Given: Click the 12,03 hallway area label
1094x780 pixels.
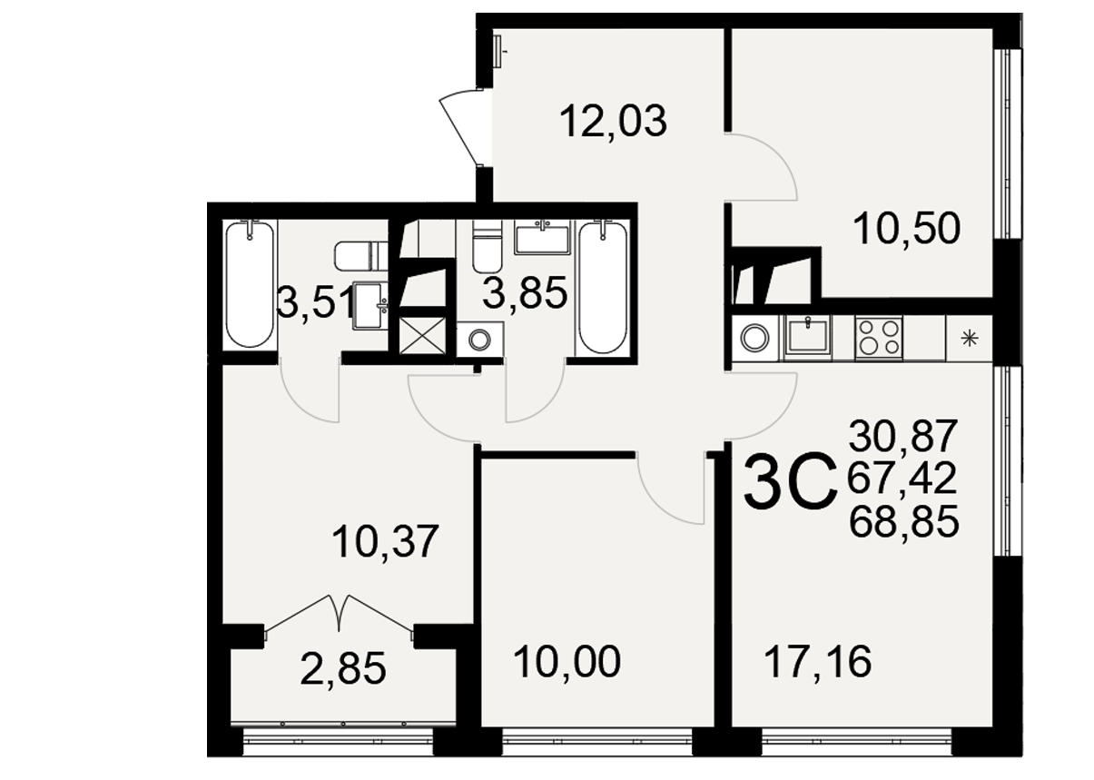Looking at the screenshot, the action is pyautogui.click(x=613, y=122).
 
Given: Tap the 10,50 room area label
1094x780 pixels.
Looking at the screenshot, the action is pyautogui.click(x=906, y=229).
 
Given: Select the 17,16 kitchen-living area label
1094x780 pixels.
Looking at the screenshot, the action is pyautogui.click(x=818, y=662).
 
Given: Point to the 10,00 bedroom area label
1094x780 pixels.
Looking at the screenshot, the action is pyautogui.click(x=567, y=662).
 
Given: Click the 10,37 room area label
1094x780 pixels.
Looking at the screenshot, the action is pyautogui.click(x=385, y=542).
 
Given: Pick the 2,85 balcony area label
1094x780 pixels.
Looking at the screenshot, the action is pyautogui.click(x=343, y=669).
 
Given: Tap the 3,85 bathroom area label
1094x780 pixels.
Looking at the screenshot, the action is pyautogui.click(x=525, y=293).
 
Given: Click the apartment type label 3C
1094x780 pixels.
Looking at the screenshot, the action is pyautogui.click(x=789, y=482).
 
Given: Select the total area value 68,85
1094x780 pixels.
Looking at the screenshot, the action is pyautogui.click(x=904, y=522).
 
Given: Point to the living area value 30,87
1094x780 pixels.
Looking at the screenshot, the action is pyautogui.click(x=903, y=436).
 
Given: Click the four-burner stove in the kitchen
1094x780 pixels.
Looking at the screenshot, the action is pyautogui.click(x=879, y=338).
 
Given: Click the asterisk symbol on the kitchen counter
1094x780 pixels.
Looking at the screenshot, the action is pyautogui.click(x=970, y=339).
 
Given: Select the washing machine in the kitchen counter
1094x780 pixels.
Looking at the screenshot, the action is pyautogui.click(x=754, y=338).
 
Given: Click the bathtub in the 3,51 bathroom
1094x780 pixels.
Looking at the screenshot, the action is pyautogui.click(x=250, y=284).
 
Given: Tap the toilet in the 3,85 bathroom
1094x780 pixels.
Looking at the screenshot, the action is pyautogui.click(x=487, y=246).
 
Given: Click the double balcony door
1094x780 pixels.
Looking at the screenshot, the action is pyautogui.click(x=339, y=616).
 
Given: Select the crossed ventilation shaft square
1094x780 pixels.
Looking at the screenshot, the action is pyautogui.click(x=422, y=335).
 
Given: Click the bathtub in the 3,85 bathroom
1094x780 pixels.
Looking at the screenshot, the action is pyautogui.click(x=603, y=287).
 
